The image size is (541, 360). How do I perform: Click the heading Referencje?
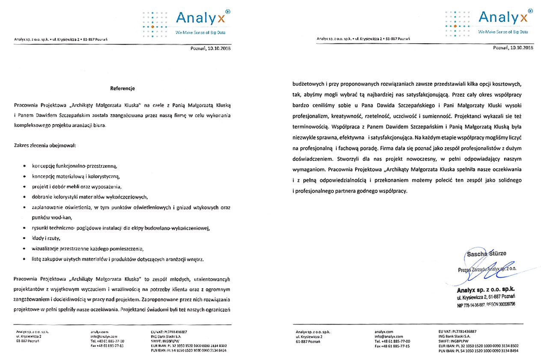tap(123, 89)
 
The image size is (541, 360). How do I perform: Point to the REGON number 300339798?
tap(505, 304)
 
